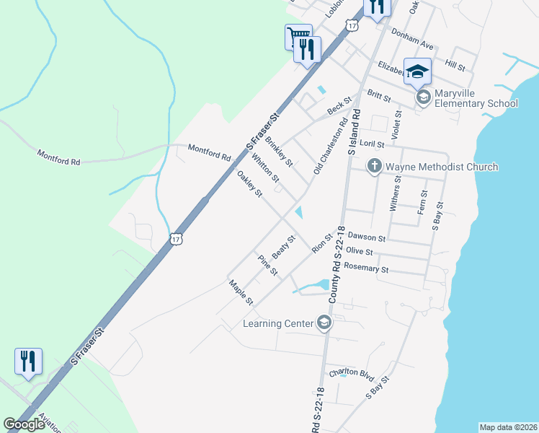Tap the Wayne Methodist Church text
pyautogui.click(x=441, y=167)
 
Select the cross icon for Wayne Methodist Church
pyautogui.click(x=374, y=167)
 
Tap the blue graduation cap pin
pyautogui.click(x=417, y=71)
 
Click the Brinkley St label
pyautogui.click(x=279, y=151)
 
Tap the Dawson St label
pyautogui.click(x=367, y=237)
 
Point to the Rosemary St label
pyautogui.click(x=366, y=268)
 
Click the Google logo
pyautogui.click(x=24, y=424)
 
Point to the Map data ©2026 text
pyautogui.click(x=507, y=427)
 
